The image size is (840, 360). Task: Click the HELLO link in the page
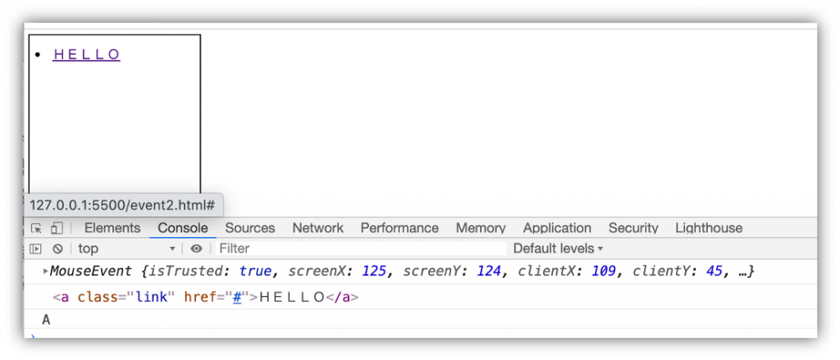click(86, 55)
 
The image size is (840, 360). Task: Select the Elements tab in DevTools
click(112, 228)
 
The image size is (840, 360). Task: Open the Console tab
click(183, 228)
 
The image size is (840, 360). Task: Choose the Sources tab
click(250, 228)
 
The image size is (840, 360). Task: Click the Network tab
click(317, 228)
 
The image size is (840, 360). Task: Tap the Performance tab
click(399, 228)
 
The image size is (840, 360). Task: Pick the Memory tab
click(481, 228)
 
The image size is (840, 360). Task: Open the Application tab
click(557, 228)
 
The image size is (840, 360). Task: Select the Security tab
click(633, 228)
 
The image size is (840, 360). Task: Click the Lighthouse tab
click(709, 228)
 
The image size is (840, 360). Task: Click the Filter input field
click(361, 248)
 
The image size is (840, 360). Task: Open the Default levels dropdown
click(558, 248)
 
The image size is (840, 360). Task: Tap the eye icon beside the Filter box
click(197, 248)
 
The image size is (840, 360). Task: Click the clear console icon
click(57, 248)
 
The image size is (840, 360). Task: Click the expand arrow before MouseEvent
click(46, 271)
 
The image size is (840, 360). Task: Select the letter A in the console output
click(46, 320)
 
